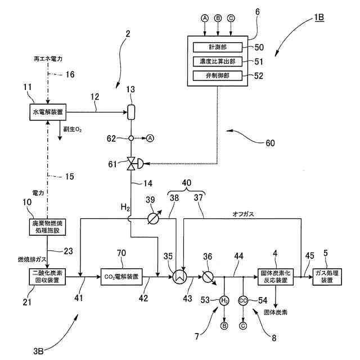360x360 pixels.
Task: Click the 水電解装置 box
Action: point(48,112)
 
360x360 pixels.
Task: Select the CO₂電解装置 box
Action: point(121,277)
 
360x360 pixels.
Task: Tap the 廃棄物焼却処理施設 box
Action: point(47,227)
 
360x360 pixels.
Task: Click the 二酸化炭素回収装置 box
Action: point(47,277)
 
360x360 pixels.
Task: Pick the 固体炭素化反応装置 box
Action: point(276,277)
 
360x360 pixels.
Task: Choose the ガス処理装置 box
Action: point(327,277)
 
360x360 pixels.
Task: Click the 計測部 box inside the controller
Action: point(218,47)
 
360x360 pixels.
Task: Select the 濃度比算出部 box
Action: point(218,61)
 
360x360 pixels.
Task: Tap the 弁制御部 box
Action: point(218,76)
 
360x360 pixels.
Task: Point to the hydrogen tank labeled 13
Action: point(131,112)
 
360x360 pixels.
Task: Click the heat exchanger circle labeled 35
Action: point(179,277)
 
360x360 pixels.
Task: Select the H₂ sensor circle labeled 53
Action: point(224,300)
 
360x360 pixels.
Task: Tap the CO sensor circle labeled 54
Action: point(243,300)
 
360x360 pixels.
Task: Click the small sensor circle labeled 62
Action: point(131,138)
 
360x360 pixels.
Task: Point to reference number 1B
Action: point(319,17)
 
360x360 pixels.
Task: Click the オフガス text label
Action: point(244,214)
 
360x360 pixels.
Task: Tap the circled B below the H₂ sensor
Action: point(224,326)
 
